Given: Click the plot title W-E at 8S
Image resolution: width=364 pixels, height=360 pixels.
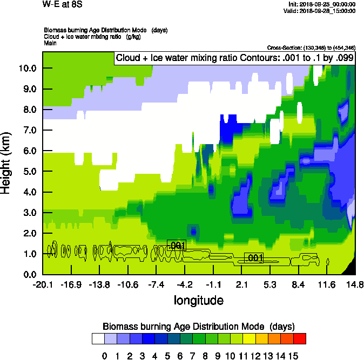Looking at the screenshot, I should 60,5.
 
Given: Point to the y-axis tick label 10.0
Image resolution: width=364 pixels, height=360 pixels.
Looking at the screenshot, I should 26,69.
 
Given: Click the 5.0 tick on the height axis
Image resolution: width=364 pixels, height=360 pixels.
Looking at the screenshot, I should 26,172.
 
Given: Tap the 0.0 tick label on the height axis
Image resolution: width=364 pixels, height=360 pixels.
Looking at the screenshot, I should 26,275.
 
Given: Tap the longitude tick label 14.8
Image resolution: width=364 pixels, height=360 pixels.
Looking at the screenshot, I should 354,284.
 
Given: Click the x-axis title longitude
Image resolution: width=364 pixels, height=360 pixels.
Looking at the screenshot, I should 198,300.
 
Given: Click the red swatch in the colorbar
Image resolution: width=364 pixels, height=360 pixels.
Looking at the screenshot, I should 300,338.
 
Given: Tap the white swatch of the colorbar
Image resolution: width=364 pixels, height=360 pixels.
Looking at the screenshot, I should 98,338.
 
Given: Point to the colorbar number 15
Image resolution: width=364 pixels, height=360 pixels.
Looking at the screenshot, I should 293,356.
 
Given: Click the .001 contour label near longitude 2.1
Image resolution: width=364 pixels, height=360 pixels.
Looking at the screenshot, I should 254,258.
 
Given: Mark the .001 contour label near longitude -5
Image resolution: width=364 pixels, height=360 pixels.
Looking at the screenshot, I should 177,246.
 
